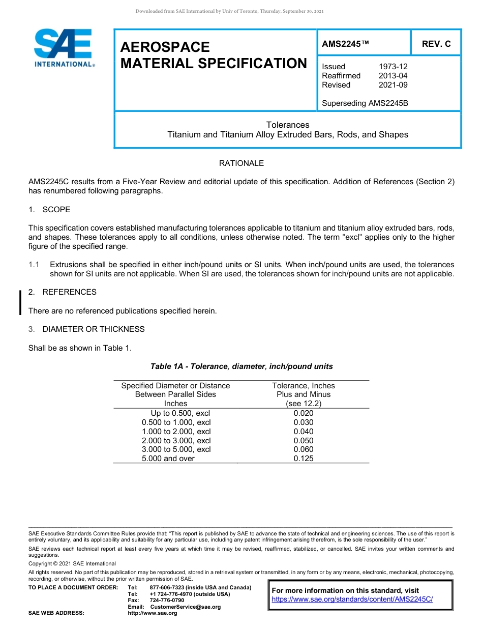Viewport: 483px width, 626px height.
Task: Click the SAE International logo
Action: pos(64,48)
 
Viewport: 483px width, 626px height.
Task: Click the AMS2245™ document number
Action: pos(345,44)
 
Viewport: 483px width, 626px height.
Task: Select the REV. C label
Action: pos(436,44)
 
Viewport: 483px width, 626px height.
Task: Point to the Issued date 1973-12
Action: pos(393,67)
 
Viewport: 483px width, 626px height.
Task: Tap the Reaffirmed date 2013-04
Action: pos(393,76)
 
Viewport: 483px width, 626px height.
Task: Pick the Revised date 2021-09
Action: pos(393,85)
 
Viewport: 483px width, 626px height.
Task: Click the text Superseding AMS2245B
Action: pos(365,103)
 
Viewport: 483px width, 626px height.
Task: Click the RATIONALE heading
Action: pos(241,163)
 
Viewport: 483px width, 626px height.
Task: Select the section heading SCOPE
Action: pos(56,210)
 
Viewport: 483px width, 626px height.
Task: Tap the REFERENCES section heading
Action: pos(69,292)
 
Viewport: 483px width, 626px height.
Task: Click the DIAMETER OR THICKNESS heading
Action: pos(94,329)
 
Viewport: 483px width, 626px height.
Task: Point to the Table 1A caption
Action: pos(241,366)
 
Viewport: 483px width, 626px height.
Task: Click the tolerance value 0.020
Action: pos(304,413)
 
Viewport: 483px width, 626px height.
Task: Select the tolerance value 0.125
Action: pos(304,459)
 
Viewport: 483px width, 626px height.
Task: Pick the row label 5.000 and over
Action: pos(168,459)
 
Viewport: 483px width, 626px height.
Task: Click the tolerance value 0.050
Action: pos(304,441)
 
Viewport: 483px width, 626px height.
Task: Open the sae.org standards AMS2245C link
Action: pos(352,600)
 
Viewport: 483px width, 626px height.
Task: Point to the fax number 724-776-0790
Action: pos(167,601)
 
